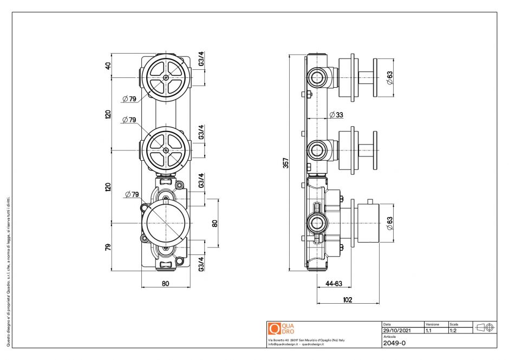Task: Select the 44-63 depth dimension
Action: (334, 284)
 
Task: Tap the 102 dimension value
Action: (348, 299)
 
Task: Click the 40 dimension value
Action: (108, 66)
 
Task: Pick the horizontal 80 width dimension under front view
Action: (165, 283)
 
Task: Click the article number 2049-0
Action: (394, 343)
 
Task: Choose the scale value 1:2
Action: (453, 330)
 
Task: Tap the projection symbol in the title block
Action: (485, 327)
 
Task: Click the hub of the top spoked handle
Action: (165, 77)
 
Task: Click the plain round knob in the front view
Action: (165, 222)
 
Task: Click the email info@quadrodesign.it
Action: (283, 344)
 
